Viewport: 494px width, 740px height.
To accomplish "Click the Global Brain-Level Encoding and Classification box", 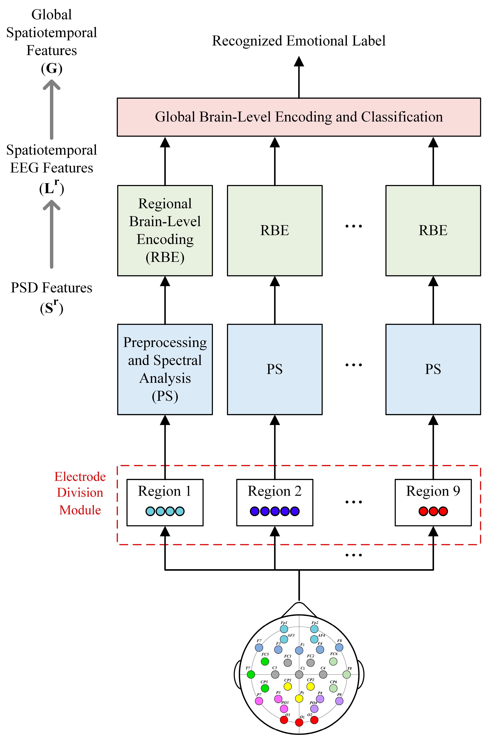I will pos(299,117).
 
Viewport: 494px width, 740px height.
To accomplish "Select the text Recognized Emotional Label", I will pos(299,41).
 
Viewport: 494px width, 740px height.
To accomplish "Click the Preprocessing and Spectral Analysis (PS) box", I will pos(165,369).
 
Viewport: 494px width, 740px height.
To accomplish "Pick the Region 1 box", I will pos(165,502).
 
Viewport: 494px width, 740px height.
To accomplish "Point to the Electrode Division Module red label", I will pos(80,493).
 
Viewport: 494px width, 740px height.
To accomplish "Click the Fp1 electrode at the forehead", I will pos(284,629).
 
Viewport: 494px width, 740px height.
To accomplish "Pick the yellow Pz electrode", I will pos(299,698).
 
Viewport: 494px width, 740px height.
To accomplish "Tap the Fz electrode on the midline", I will pos(299,650).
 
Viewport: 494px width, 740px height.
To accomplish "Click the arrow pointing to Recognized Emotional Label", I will pos(299,77).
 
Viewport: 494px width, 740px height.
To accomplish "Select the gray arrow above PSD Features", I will pos(51,234).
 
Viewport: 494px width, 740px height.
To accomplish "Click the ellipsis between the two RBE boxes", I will pos(353,226).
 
